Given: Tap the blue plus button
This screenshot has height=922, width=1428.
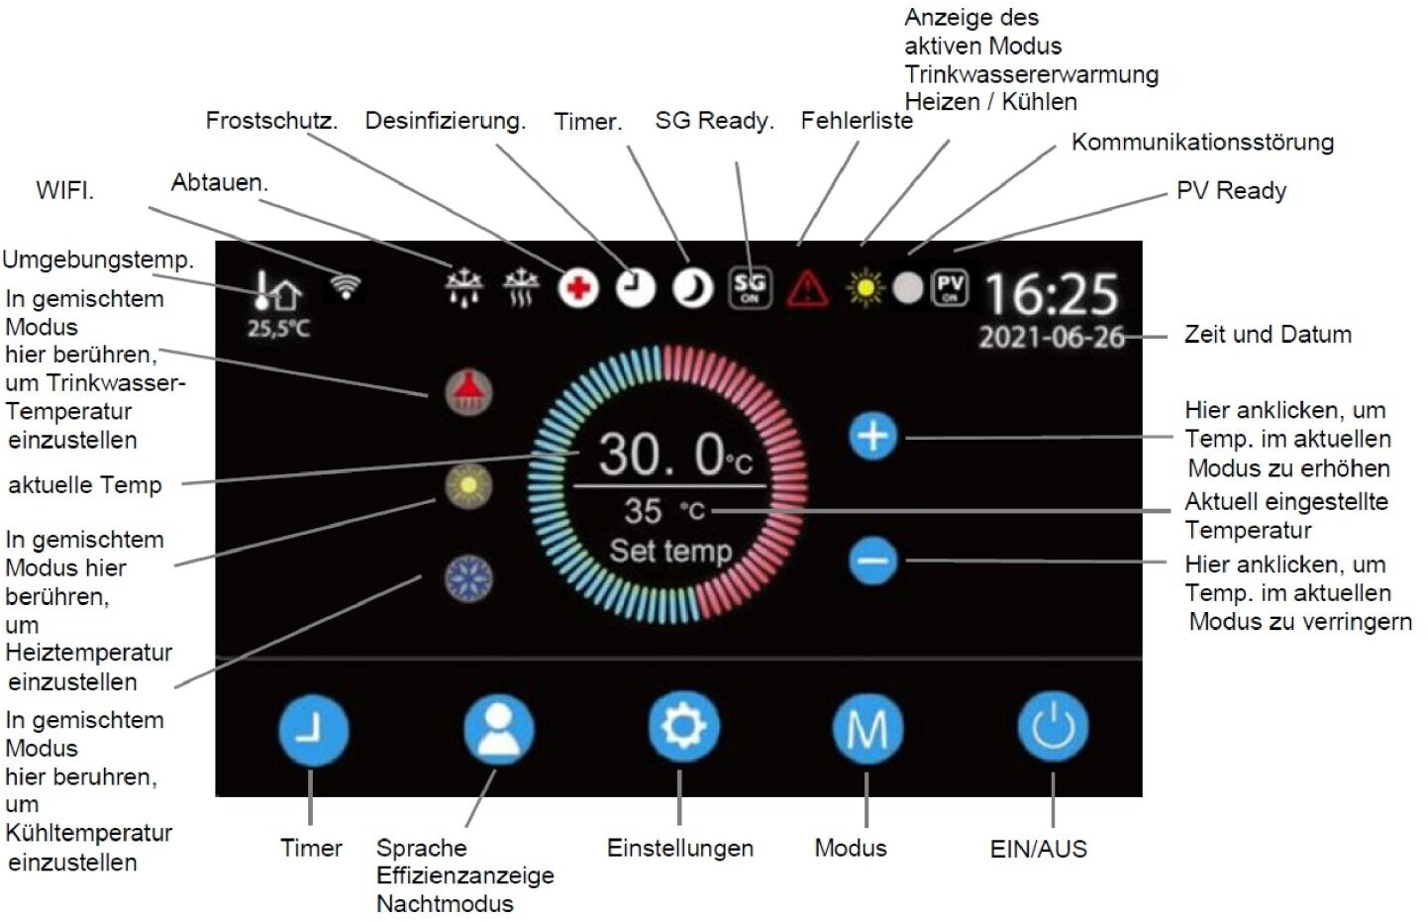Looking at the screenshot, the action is [x=872, y=436].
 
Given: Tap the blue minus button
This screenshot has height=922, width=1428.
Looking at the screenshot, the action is [x=872, y=561].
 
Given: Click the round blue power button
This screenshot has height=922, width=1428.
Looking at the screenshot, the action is [x=1053, y=728].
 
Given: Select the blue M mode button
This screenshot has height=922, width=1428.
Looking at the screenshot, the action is [x=867, y=729].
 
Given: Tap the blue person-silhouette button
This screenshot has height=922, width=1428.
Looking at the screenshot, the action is [x=499, y=729].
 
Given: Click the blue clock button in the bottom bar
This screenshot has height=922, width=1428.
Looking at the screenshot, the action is [x=313, y=730].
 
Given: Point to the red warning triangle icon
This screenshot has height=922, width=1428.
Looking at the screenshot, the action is [x=807, y=288].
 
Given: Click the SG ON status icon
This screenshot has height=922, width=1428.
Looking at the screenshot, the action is [x=750, y=288].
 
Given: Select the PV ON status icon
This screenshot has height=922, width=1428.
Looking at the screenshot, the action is [x=950, y=287].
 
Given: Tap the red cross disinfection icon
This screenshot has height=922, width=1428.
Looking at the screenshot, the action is [x=578, y=288].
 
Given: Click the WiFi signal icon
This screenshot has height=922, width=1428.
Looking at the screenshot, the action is [x=345, y=286].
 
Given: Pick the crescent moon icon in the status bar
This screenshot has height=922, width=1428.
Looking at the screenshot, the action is [x=692, y=288].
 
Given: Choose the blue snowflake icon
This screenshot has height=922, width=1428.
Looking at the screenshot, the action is [x=468, y=578].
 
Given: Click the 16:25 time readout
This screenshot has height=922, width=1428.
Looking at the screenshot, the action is [x=1051, y=293].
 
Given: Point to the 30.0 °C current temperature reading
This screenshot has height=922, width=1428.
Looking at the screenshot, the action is [x=674, y=455].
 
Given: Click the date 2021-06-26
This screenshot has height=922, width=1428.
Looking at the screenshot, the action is [x=1052, y=338].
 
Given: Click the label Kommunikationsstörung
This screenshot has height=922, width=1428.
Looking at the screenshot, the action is [x=1201, y=142].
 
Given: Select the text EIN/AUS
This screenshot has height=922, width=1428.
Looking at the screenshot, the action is [x=1038, y=849].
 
